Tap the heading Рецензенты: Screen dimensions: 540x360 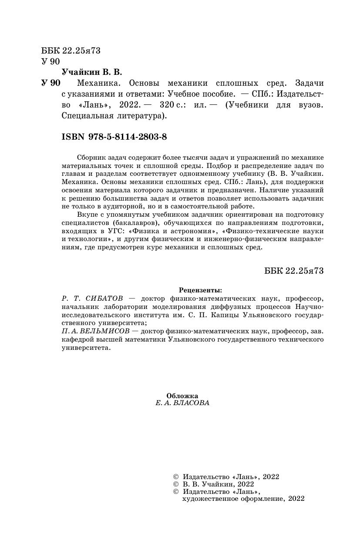click(x=200, y=290)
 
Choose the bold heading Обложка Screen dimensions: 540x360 click(x=182, y=396)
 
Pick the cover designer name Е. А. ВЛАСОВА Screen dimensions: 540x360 click(x=182, y=403)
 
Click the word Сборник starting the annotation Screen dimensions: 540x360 click(x=90, y=157)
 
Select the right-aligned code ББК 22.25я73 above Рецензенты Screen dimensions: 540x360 click(x=294, y=270)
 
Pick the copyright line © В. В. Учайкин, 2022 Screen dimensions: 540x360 click(x=213, y=484)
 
